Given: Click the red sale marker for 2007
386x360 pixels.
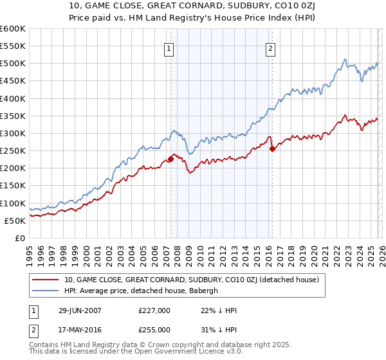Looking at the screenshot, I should click(170, 158).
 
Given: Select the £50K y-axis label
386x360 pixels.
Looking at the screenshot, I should click(15, 221).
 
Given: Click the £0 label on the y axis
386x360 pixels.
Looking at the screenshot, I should click(21, 238).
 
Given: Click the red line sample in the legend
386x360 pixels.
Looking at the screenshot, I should click(46, 280).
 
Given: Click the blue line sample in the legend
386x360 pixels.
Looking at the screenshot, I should click(46, 291).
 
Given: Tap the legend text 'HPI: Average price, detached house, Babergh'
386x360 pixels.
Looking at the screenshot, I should click(142, 291).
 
